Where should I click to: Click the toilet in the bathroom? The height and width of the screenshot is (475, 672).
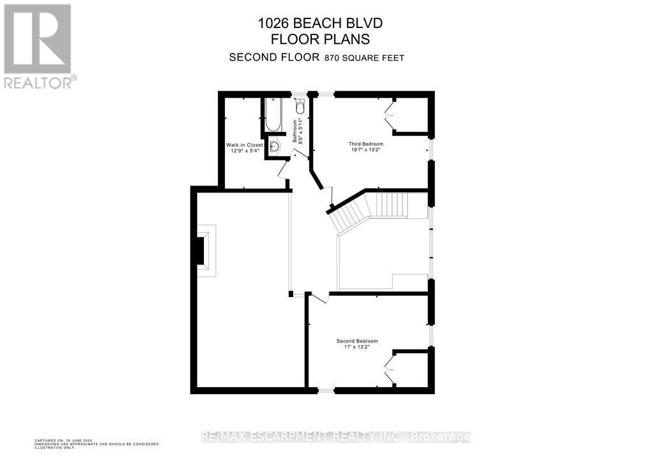[x=300, y=106]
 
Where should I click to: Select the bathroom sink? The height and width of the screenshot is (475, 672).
[x=274, y=147]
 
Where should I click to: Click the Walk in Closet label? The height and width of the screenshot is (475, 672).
[x=244, y=145]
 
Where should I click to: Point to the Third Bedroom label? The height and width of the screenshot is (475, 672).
[x=365, y=144]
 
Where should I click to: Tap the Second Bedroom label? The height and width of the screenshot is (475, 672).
[x=357, y=341]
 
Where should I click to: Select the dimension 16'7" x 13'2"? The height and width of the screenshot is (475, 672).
[x=365, y=150]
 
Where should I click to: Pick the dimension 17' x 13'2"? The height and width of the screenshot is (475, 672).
[x=357, y=347]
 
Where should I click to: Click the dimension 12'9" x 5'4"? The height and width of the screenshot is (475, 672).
[x=244, y=152]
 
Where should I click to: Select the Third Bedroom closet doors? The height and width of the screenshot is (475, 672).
[x=389, y=116]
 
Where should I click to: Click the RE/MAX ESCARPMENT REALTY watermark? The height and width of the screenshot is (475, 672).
[x=336, y=437]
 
